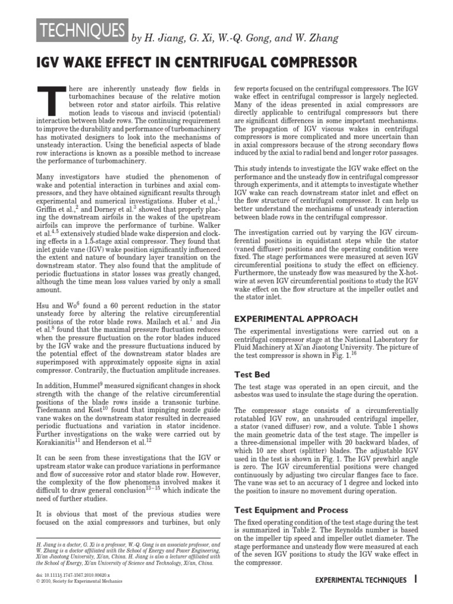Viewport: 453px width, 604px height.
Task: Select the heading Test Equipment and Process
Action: pyautogui.click(x=291, y=510)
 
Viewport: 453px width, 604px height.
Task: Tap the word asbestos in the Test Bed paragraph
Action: pyautogui.click(x=250, y=395)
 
